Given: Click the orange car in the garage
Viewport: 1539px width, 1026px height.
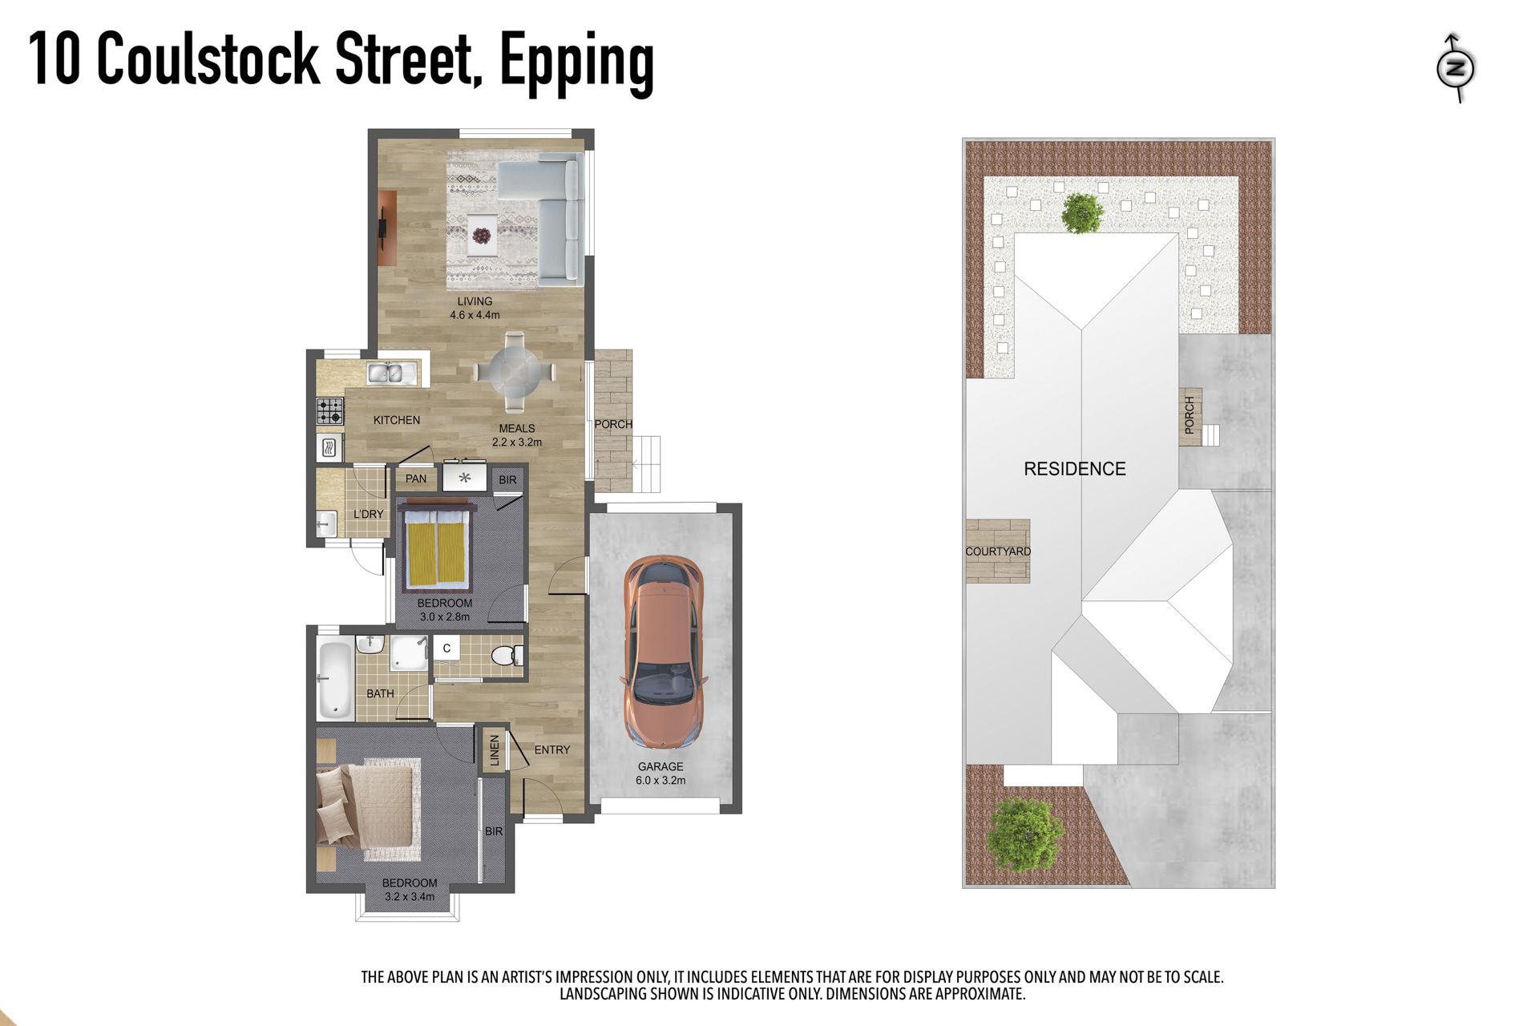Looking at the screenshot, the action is pos(664,652).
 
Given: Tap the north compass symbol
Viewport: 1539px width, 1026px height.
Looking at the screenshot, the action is pos(1456,68).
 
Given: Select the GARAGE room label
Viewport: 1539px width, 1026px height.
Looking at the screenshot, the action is pos(660,766).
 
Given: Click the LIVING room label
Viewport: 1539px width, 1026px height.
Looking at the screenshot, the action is pos(475,301).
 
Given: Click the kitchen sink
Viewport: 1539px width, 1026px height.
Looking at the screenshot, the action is pos(386,374).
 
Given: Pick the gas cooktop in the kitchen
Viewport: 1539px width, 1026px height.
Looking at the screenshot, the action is pos(329,411).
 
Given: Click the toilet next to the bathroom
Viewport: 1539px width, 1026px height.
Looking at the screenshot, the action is pos(506,656).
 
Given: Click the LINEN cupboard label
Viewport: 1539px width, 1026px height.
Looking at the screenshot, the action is pos(494,750).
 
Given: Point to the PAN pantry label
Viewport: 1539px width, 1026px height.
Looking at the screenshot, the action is pos(416,479).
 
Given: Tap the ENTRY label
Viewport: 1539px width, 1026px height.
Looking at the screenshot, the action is pos(552,749).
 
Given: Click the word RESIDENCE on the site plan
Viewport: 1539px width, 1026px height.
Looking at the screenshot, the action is pos(1075,469).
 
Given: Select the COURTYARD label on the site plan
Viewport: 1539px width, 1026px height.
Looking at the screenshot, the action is pos(998,551).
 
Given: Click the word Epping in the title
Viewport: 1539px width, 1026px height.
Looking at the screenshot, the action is pos(577,63).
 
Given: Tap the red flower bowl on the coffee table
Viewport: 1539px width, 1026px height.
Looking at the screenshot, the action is pos(482,236).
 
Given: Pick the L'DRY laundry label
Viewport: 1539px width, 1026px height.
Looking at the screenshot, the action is pos(369,514).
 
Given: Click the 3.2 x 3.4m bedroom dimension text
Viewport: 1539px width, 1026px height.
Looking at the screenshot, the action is pos(410,897).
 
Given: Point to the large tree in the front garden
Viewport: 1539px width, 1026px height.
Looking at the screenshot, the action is pos(1025,834).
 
